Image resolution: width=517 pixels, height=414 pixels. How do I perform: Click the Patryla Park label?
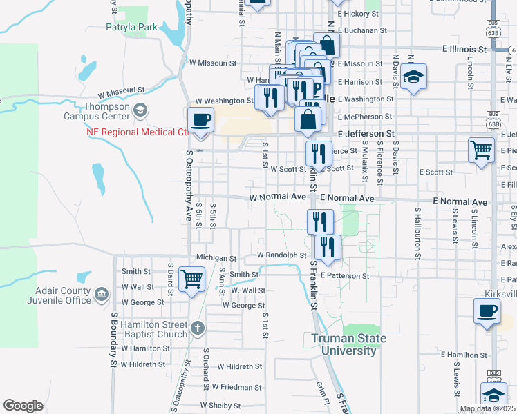pyautogui.click(x=131, y=28)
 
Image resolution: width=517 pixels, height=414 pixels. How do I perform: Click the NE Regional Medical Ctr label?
pyautogui.click(x=137, y=132)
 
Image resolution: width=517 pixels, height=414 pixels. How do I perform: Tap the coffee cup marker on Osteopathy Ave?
pyautogui.click(x=200, y=120)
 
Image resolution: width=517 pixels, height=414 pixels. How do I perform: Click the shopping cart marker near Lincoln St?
pyautogui.click(x=481, y=149)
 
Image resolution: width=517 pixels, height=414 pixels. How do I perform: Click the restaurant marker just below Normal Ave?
pyautogui.click(x=320, y=221)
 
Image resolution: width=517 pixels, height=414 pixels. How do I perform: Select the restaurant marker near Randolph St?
pyautogui.click(x=327, y=247)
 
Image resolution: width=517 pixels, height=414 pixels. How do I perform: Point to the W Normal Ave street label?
pyautogui.click(x=277, y=197)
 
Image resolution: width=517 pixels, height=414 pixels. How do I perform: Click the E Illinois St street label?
pyautogui.click(x=464, y=49)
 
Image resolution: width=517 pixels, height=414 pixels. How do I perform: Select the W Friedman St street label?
pyautogui.click(x=237, y=387)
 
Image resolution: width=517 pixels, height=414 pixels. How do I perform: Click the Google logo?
pyautogui.click(x=23, y=406)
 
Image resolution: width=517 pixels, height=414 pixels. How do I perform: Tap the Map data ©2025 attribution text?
pyautogui.click(x=487, y=408)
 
